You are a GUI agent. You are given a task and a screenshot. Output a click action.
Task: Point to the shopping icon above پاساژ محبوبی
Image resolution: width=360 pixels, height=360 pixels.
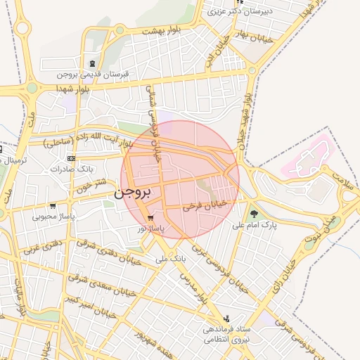[53, 206]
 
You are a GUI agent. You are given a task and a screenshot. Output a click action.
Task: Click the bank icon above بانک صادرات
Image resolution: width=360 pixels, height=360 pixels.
[70, 159]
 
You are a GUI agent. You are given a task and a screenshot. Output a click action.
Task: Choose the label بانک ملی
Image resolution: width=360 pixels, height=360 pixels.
[172, 259]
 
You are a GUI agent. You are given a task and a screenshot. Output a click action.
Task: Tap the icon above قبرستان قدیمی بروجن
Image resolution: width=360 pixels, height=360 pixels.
[94, 63]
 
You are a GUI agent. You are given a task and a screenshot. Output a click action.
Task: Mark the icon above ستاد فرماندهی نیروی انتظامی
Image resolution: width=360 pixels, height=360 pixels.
[226, 318]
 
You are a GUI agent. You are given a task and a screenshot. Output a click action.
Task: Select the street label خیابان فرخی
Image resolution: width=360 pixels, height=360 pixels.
[206, 205]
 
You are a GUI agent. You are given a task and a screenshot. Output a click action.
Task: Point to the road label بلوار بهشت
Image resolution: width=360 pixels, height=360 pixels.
[162, 31]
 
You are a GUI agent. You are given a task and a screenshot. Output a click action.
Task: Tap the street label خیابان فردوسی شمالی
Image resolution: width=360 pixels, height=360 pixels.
[153, 116]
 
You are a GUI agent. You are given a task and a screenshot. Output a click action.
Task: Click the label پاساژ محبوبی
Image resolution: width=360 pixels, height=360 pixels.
[53, 217]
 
